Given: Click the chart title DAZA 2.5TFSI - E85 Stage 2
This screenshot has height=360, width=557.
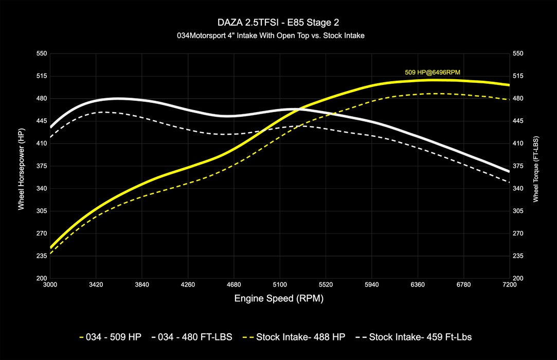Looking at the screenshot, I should coord(278,23).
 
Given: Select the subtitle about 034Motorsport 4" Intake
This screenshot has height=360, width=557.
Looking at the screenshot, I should coord(278,36).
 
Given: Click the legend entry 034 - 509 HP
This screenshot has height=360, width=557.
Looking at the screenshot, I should coord(111,337).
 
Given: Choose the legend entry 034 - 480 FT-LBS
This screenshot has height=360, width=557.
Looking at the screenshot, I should coord(192,337).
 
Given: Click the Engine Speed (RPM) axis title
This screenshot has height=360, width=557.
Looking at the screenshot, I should coord(279,298).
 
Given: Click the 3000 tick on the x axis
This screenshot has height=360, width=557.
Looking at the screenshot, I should coord(50,284).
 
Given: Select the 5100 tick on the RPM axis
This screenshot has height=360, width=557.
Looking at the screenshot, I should coord(280,284).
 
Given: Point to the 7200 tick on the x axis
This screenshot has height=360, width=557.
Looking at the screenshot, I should coord(509,284).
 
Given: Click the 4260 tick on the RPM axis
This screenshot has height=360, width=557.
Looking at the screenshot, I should coord(188,284).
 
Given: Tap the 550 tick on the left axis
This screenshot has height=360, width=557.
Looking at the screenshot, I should coord(41,53).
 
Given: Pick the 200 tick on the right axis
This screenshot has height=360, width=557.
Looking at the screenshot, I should coord(518,278).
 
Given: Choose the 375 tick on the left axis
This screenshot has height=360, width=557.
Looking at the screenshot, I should coord(41,166).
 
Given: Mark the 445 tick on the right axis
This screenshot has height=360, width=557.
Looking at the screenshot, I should coord(518,121).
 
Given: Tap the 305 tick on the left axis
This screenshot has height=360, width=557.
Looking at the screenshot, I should coord(41,211).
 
